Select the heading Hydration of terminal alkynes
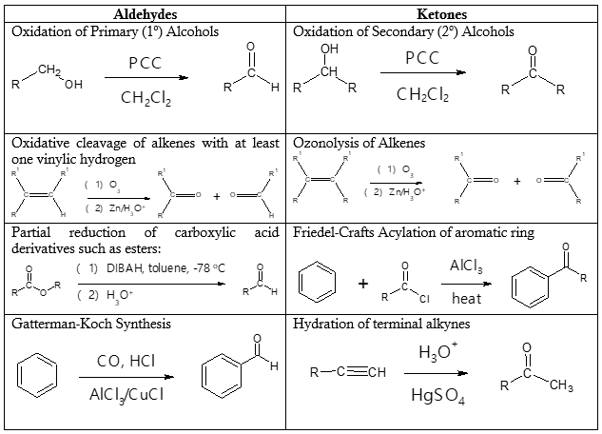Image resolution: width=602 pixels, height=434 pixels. [x=380, y=325]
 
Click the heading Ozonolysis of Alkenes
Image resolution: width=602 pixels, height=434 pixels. [x=359, y=143]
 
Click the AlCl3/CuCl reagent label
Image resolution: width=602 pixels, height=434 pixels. [x=127, y=393]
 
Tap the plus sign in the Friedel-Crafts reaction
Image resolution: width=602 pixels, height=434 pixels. [x=363, y=283]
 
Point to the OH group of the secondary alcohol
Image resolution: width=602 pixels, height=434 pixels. [x=329, y=49]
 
